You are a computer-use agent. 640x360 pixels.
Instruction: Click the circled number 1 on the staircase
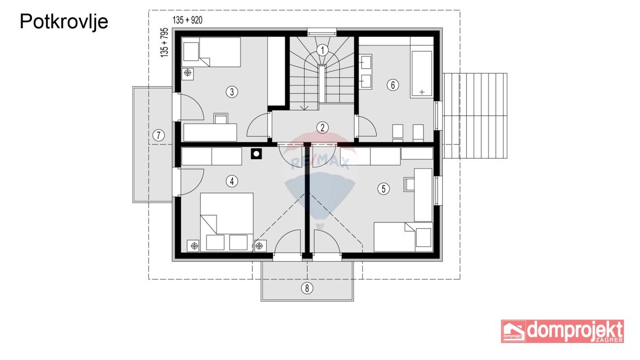click(x=322, y=51)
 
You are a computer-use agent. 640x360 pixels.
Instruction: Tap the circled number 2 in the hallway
click(x=322, y=127)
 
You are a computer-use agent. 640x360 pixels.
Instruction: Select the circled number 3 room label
click(x=231, y=92)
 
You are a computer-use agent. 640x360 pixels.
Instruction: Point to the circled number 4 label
click(x=231, y=181)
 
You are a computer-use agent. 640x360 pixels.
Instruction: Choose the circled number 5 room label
click(x=383, y=189)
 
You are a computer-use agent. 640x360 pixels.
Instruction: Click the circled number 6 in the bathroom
click(x=393, y=85)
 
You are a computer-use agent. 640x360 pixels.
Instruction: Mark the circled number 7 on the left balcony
click(x=158, y=135)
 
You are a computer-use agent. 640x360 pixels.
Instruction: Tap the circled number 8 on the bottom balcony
click(x=307, y=289)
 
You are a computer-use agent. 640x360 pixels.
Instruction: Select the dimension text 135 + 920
click(x=187, y=20)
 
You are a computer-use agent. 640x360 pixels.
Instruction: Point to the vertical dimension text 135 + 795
click(x=164, y=43)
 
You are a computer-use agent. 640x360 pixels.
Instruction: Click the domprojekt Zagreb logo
click(x=563, y=331)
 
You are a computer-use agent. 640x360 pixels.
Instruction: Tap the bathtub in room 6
click(x=422, y=74)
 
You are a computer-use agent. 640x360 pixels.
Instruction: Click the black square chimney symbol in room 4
click(x=257, y=154)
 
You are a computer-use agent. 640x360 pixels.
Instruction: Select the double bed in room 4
click(x=227, y=222)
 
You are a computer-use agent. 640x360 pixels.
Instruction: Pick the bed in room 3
click(x=211, y=52)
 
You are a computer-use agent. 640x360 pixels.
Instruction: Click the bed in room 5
click(x=403, y=237)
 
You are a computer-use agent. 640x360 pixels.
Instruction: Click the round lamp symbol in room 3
click(x=187, y=73)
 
